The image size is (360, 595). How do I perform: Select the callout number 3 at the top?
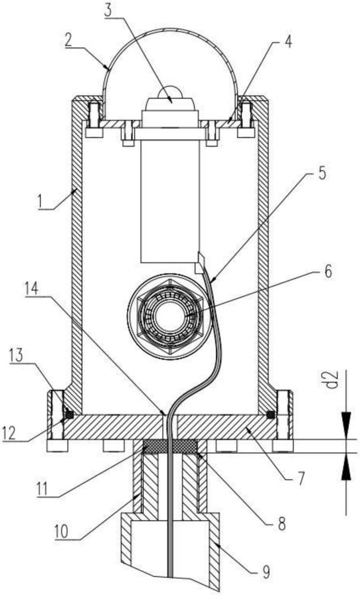[x=109, y=10]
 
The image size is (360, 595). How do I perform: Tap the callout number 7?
[x=300, y=479]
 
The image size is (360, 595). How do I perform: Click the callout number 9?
[x=267, y=572]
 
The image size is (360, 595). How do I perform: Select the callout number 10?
[x=61, y=531]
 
